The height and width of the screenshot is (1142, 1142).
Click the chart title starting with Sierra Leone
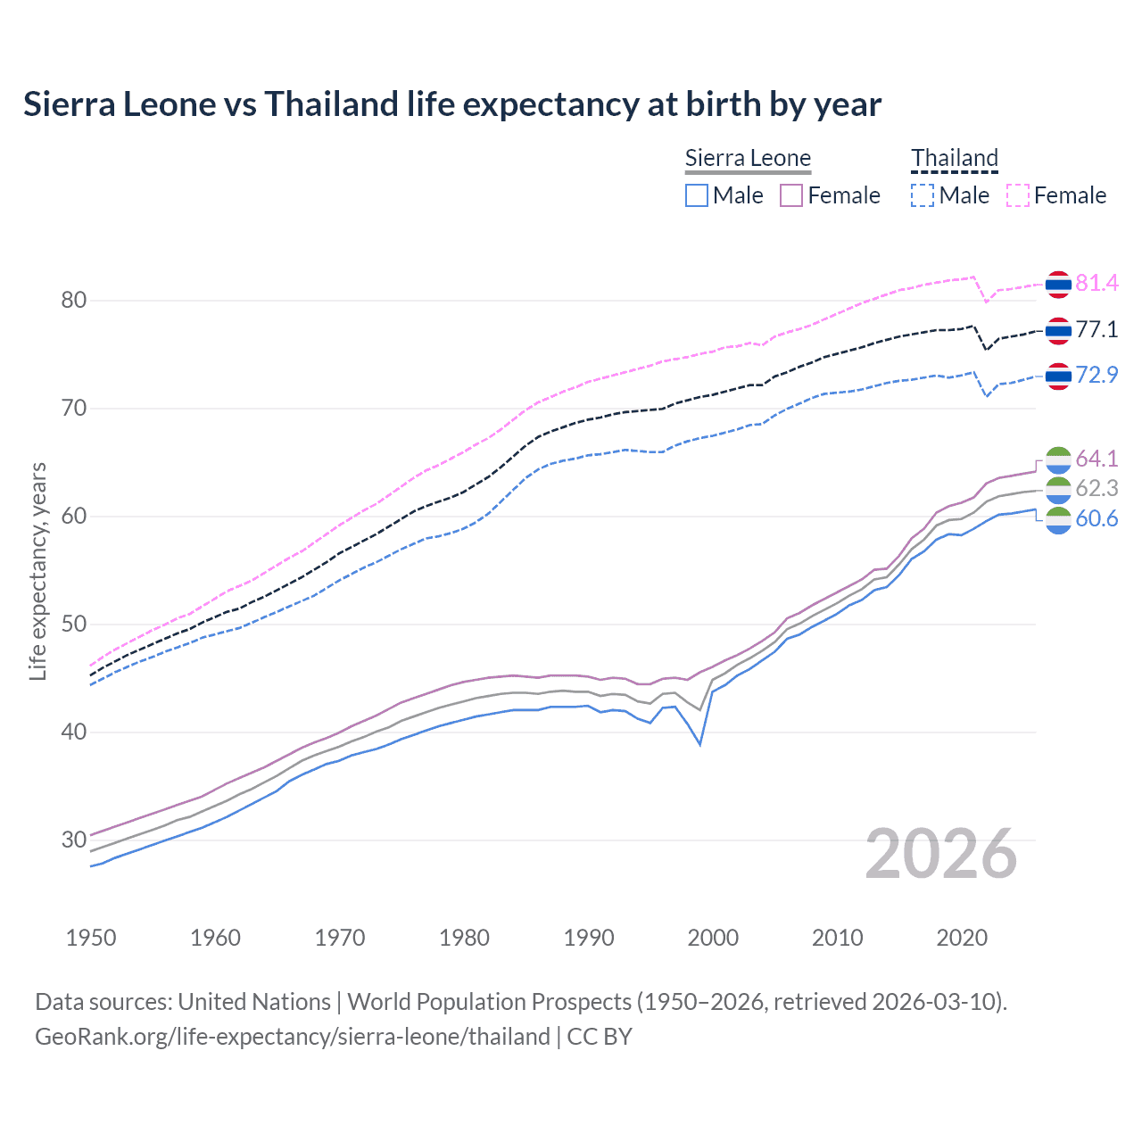click(451, 104)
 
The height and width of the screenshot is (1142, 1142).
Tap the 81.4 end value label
click(1096, 283)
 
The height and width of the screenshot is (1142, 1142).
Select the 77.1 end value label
click(1096, 329)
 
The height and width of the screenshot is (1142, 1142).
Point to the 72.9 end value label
click(1096, 375)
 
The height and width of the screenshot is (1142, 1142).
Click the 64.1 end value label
click(1096, 459)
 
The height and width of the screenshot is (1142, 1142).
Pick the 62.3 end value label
click(1096, 488)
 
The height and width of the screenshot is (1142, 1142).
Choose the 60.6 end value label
click(1096, 518)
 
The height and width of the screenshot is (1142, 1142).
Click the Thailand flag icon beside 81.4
click(1058, 284)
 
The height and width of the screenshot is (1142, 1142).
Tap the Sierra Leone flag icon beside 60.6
click(1058, 519)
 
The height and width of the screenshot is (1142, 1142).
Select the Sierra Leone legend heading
click(748, 159)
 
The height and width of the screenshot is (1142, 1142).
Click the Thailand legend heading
click(954, 158)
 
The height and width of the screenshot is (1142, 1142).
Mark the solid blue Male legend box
click(697, 195)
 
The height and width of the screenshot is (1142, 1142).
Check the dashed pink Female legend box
click(1017, 195)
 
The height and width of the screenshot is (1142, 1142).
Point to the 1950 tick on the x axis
click(91, 938)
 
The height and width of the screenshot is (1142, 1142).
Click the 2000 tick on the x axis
click(713, 938)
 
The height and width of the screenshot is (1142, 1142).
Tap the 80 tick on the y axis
click(74, 301)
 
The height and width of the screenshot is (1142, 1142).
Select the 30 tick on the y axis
click(74, 840)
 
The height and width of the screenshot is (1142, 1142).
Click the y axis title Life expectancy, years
click(38, 571)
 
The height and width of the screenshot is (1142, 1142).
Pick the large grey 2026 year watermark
click(940, 854)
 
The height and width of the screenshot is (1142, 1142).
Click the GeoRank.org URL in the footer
click(293, 1037)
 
